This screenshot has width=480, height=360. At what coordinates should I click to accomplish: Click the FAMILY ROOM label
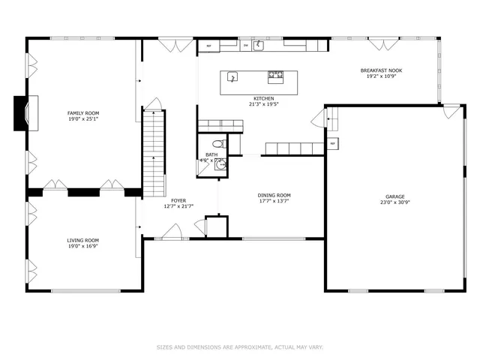83,113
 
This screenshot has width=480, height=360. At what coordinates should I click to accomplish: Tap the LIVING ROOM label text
83,240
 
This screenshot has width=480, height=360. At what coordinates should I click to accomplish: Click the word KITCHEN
263,98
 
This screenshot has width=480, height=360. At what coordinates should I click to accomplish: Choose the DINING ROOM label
274,195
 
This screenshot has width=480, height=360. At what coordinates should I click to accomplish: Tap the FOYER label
178,200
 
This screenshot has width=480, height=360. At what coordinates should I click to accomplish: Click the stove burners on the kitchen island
275,76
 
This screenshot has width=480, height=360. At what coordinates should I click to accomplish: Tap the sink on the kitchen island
232,76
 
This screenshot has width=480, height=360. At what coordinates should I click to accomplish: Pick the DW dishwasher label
245,46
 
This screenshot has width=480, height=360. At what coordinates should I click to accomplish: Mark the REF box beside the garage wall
331,143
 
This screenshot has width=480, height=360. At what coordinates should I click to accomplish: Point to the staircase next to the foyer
153,150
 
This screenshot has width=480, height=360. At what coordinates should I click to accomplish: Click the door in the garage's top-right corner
451,112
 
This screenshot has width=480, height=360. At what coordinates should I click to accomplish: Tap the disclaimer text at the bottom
240,347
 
